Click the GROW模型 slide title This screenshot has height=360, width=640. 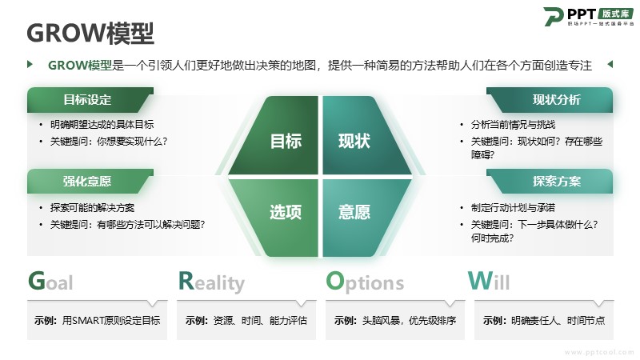click(90, 33)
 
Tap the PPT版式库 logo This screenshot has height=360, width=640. click(589, 17)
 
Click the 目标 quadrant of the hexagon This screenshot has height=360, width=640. click(278, 137)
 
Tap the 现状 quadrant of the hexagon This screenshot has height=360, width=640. click(363, 137)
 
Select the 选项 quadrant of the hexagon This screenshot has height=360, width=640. click(278, 216)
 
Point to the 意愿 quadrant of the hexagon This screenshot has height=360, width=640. click(363, 216)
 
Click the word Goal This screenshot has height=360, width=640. click(50, 281)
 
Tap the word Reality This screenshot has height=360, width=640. click(211, 282)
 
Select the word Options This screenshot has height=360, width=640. click(365, 282)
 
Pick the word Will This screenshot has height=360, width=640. click(489, 281)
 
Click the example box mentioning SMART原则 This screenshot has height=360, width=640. click(97, 321)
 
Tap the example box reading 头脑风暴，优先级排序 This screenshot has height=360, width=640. click(395, 321)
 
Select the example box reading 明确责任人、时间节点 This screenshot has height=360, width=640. click(544, 321)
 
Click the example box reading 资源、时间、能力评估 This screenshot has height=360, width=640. click(246, 321)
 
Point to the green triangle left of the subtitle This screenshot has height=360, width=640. click(30, 64)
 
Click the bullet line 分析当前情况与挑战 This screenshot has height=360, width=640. click(513, 125)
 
